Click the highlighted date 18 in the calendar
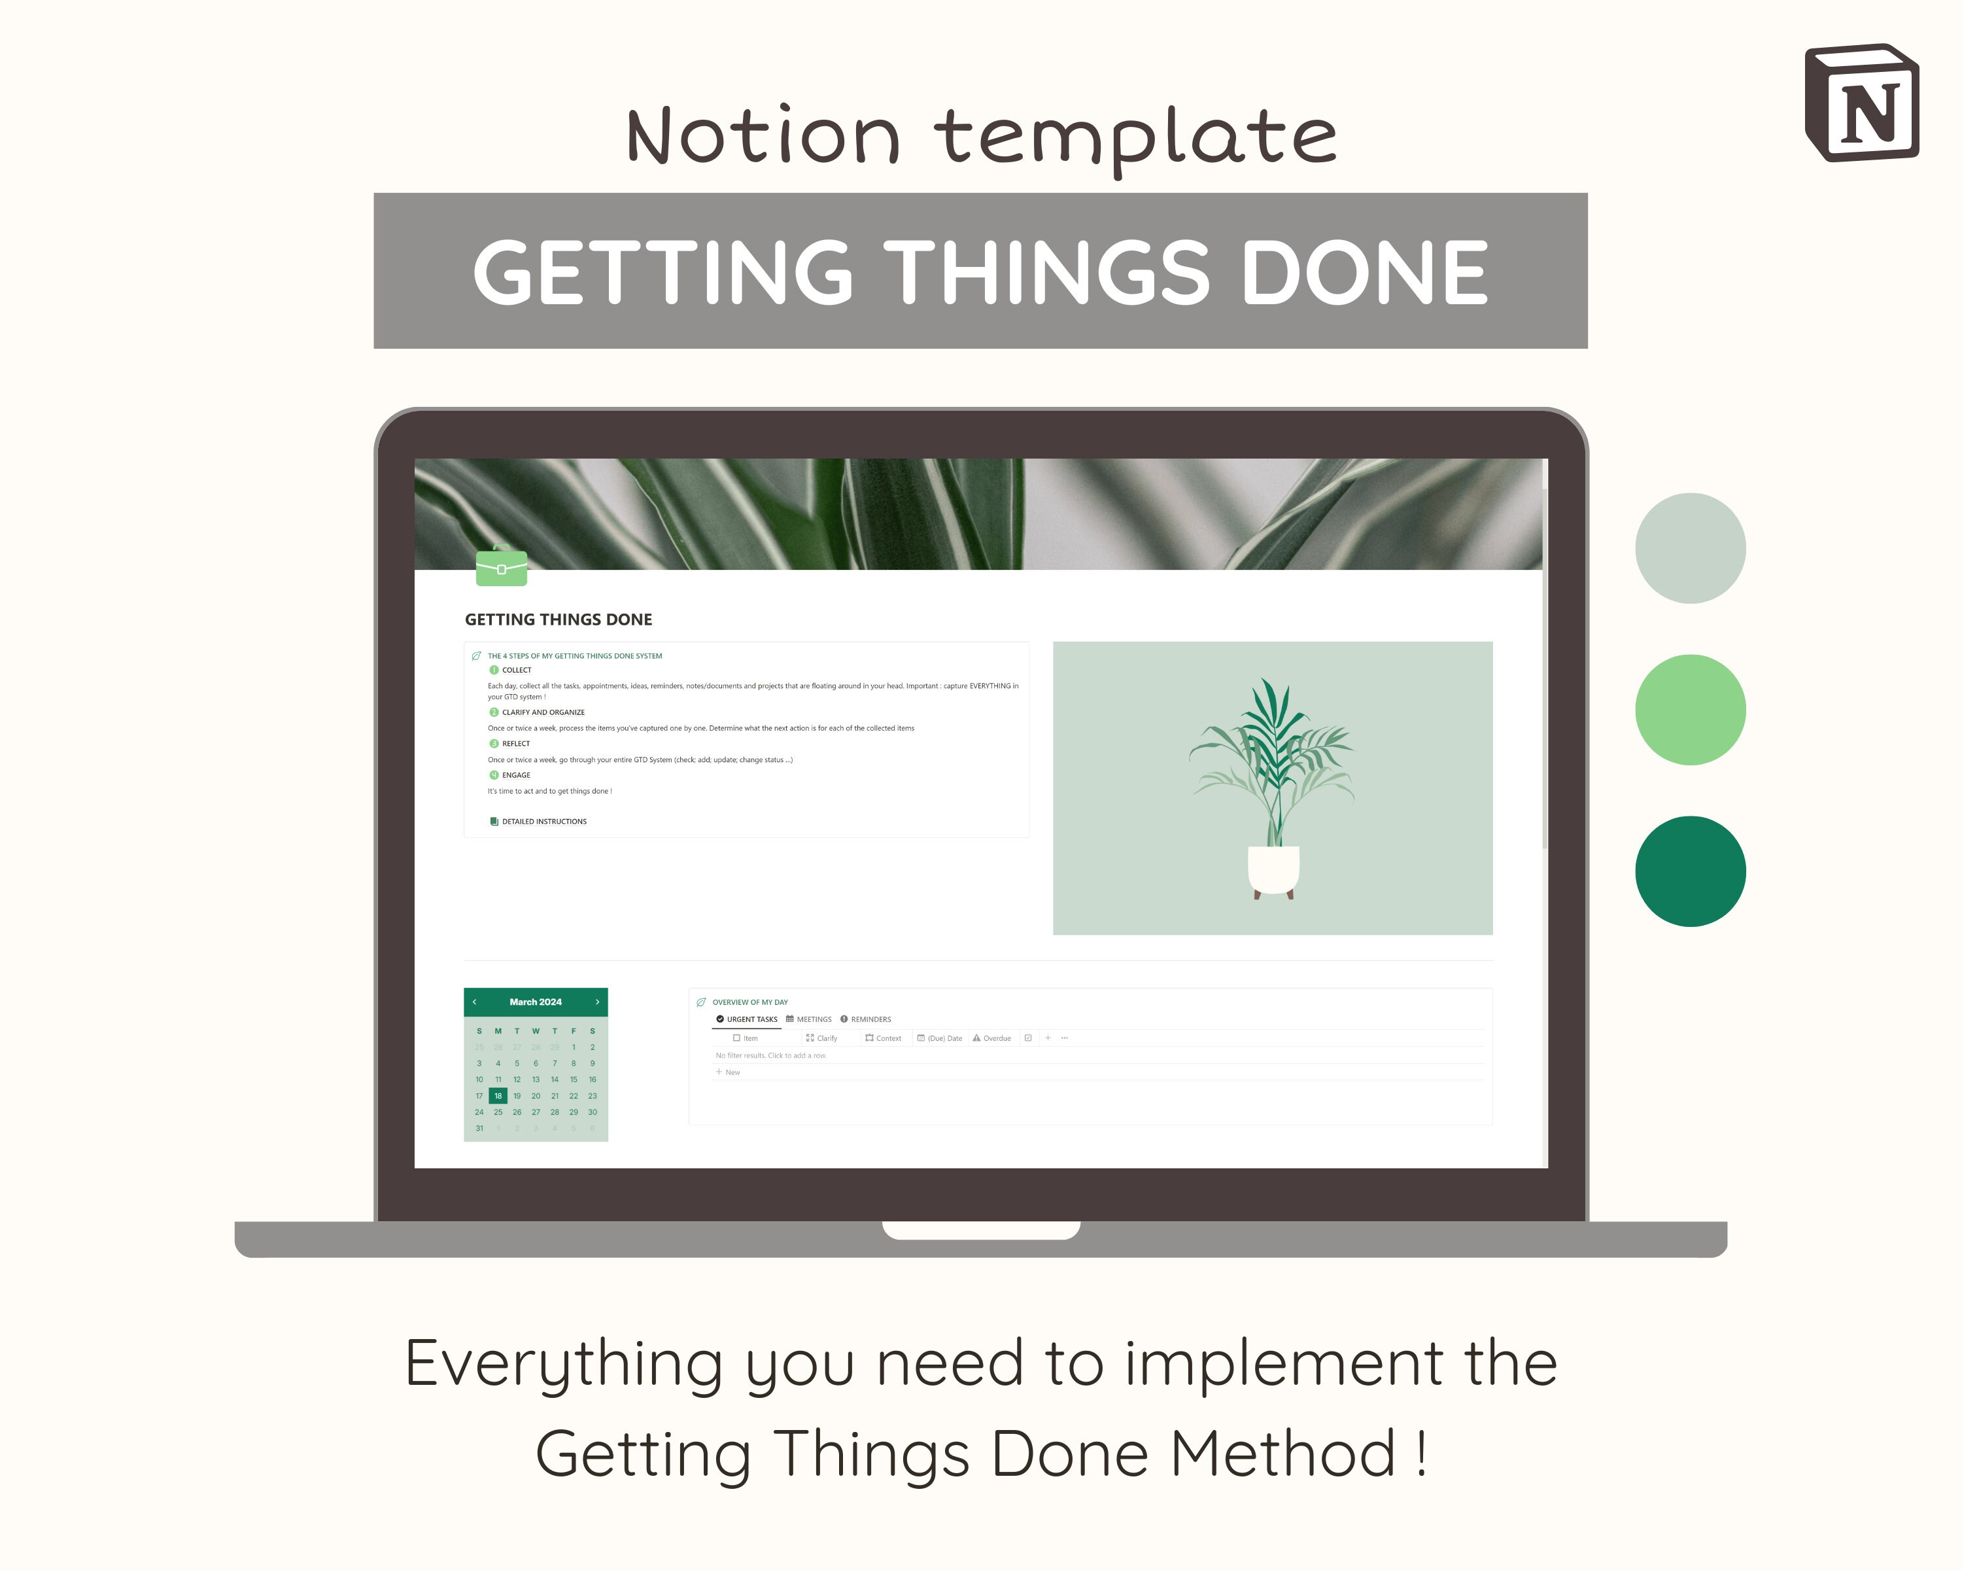498,1096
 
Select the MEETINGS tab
809,1019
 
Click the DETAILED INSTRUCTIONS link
543,822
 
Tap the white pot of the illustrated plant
1273,869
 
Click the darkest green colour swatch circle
1690,871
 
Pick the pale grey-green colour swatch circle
1690,548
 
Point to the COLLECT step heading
516,670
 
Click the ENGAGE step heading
516,775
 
